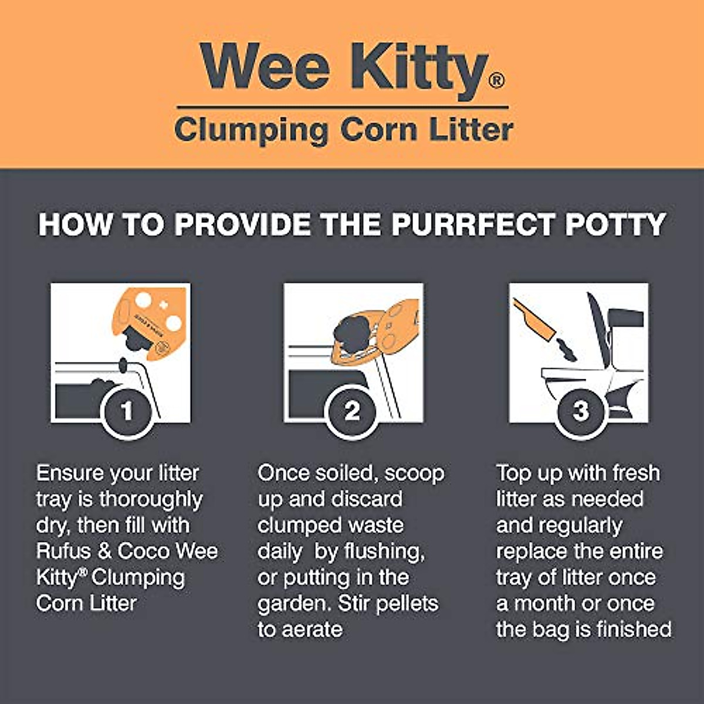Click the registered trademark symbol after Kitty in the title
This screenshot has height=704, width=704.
click(496, 80)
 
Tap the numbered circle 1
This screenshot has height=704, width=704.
click(127, 411)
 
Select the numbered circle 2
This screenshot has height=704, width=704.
click(352, 411)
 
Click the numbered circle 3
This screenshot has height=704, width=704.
click(581, 411)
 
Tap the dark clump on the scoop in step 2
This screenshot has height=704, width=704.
click(351, 334)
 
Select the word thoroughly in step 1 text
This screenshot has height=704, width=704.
click(150, 500)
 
